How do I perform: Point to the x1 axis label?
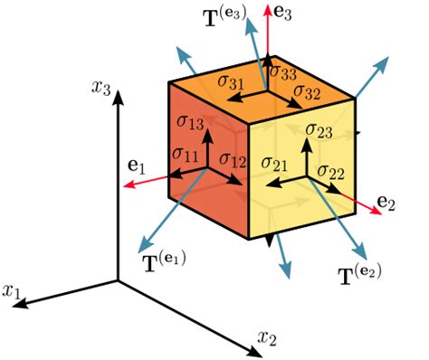13,292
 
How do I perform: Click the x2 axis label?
266,338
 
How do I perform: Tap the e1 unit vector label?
135,166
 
